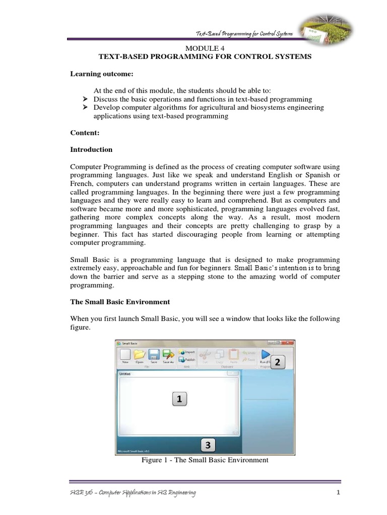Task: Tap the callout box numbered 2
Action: [277, 362]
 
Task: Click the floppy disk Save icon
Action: [154, 355]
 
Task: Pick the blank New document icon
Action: [125, 355]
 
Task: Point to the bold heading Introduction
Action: [91, 149]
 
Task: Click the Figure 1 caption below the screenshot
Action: [206, 460]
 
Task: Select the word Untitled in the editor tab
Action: [124, 374]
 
